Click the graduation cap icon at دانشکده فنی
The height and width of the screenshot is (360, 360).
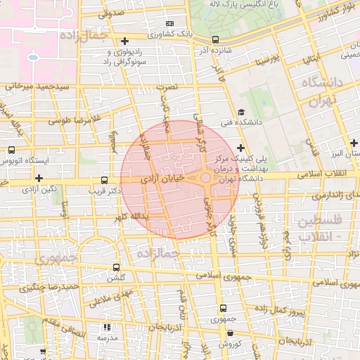[241, 112]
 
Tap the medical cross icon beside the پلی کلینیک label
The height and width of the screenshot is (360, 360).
[241, 148]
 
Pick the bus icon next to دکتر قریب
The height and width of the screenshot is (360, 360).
[105, 181]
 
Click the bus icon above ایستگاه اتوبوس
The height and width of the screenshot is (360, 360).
[11, 150]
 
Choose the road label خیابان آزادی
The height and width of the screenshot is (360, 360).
[162, 180]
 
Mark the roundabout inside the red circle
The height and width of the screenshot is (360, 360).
[205, 179]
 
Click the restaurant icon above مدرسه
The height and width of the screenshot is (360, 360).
[107, 327]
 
